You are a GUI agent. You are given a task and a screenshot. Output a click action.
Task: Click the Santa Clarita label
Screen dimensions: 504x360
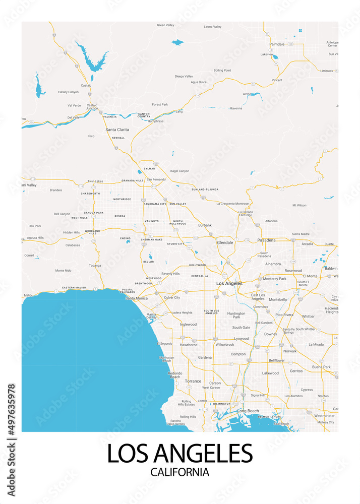click(x=117, y=130)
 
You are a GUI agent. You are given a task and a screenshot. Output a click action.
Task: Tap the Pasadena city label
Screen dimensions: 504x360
click(x=266, y=240)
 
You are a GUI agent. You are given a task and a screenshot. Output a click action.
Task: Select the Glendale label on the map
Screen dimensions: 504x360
click(x=225, y=242)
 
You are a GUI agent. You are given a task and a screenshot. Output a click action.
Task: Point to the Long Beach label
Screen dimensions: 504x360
click(x=248, y=411)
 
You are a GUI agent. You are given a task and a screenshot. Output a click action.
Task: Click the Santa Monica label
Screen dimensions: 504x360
click(x=137, y=298)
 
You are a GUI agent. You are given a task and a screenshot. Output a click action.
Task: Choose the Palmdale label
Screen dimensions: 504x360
click(x=277, y=44)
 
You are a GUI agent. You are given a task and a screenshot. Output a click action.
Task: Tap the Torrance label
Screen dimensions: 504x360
click(x=193, y=381)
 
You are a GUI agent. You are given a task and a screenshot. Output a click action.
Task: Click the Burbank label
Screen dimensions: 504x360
click(x=205, y=225)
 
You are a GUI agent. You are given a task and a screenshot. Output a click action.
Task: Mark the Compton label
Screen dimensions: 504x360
click(x=238, y=354)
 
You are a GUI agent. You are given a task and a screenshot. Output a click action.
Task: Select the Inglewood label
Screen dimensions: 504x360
click(x=188, y=325)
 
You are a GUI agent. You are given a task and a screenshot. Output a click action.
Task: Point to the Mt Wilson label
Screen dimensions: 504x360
click(x=299, y=205)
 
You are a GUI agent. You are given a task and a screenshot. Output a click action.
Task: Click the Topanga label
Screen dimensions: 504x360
click(x=95, y=265)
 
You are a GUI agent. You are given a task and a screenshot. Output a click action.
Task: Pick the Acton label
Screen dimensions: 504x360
click(x=247, y=94)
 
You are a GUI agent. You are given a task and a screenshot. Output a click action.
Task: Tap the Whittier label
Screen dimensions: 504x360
click(x=308, y=316)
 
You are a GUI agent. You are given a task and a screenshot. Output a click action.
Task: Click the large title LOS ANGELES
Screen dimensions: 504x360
click(x=179, y=453)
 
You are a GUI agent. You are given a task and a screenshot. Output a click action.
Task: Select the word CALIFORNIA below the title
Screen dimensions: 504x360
click(x=179, y=472)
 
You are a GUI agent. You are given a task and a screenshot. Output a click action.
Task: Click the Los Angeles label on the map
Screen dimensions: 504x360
click(x=229, y=284)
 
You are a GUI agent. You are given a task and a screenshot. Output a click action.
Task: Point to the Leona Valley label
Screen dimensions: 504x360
click(x=213, y=27)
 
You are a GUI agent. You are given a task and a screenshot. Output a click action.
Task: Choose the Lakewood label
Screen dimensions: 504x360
click(x=270, y=373)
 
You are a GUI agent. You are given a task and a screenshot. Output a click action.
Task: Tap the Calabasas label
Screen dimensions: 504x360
click(x=73, y=245)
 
